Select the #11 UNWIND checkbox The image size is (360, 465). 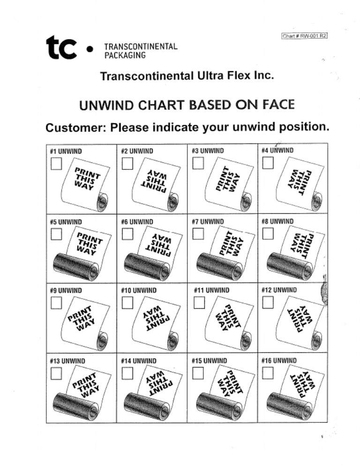[x=199, y=303]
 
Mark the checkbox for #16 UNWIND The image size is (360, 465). [x=268, y=373]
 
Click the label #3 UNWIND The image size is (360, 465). [x=208, y=151]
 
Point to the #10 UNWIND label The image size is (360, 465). [x=139, y=290]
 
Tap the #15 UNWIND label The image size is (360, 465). [x=210, y=361]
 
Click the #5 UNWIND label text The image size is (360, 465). [x=66, y=221]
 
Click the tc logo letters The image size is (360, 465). [x=61, y=48]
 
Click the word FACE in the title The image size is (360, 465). [x=278, y=104]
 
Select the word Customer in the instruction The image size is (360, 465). [x=75, y=127]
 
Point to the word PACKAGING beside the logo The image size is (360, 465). [x=125, y=55]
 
